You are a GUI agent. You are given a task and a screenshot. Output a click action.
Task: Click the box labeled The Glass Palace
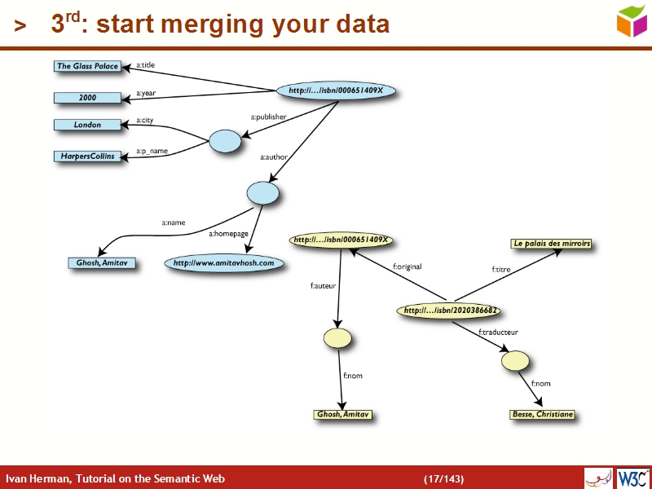pyautogui.click(x=87, y=66)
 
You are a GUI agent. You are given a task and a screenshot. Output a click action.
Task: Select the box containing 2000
pyautogui.click(x=87, y=98)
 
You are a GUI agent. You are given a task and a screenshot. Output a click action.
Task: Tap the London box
pyautogui.click(x=87, y=125)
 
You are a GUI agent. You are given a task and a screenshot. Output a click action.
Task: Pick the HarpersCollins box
pyautogui.click(x=87, y=156)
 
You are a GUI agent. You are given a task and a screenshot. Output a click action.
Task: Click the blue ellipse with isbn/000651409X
pyautogui.click(x=336, y=90)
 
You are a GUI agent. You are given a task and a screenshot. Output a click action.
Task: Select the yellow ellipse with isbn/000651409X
pyautogui.click(x=341, y=240)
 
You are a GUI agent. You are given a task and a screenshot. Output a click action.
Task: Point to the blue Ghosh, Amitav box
pyautogui.click(x=101, y=263)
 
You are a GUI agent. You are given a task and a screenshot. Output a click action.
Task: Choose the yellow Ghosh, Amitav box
pyautogui.click(x=342, y=415)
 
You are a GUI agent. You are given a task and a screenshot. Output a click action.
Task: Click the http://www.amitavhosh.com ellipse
pyautogui.click(x=223, y=263)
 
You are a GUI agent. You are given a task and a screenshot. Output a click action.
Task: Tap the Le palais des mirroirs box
pyautogui.click(x=551, y=244)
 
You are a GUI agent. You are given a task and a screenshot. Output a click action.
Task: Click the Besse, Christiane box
pyautogui.click(x=542, y=415)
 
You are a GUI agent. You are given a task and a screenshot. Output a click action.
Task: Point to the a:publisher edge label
pyautogui.click(x=268, y=117)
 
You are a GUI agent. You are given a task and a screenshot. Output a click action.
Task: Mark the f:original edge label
pyautogui.click(x=407, y=267)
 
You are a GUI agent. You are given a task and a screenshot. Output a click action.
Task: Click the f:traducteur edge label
pyautogui.click(x=498, y=333)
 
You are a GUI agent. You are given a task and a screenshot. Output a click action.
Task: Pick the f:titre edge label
pyautogui.click(x=502, y=269)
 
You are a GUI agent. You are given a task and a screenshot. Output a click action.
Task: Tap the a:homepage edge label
pyautogui.click(x=228, y=234)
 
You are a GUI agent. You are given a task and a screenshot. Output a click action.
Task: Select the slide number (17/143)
pyautogui.click(x=443, y=478)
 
